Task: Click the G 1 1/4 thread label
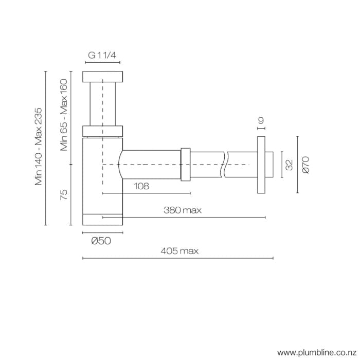pos(102,56)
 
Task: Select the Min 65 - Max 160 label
pos(64,115)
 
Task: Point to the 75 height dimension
pos(64,194)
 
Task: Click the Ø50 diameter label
pos(101,241)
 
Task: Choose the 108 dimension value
pos(141,186)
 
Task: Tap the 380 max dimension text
pos(183,210)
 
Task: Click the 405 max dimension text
pos(179,251)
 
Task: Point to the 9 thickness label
pos(261,120)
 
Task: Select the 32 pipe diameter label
pos(290,165)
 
